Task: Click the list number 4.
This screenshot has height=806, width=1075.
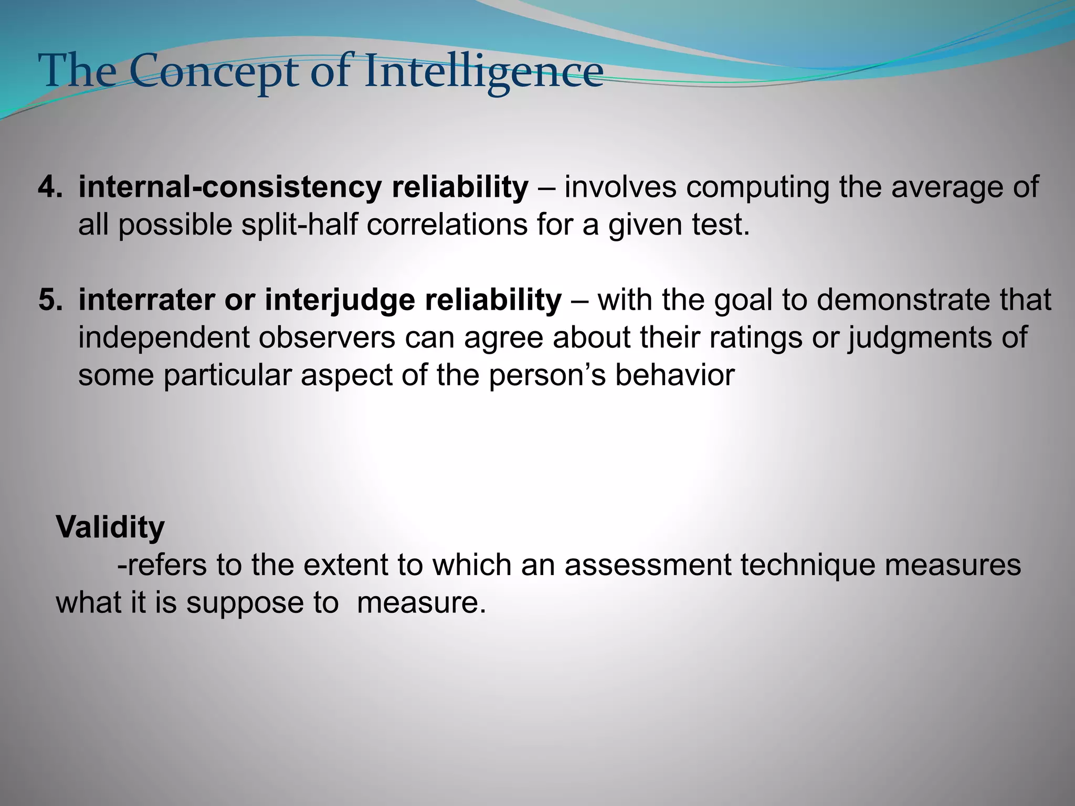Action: coord(50,187)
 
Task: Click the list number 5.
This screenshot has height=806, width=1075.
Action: coord(50,300)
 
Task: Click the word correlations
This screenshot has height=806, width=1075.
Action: coord(447,225)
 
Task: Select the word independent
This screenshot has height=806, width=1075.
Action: coord(163,337)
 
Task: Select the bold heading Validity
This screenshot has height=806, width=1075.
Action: coord(110,527)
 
